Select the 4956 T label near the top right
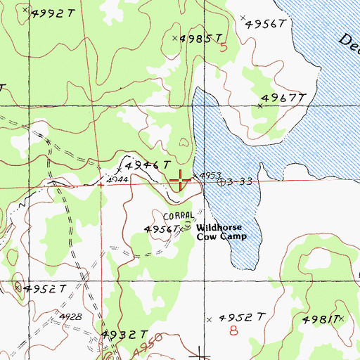(x=266, y=24)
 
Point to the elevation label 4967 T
(x=285, y=98)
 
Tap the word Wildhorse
(x=221, y=228)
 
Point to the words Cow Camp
(x=221, y=238)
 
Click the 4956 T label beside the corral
(x=161, y=229)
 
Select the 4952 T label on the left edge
(x=44, y=288)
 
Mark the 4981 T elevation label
(x=321, y=320)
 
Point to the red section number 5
(x=224, y=48)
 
